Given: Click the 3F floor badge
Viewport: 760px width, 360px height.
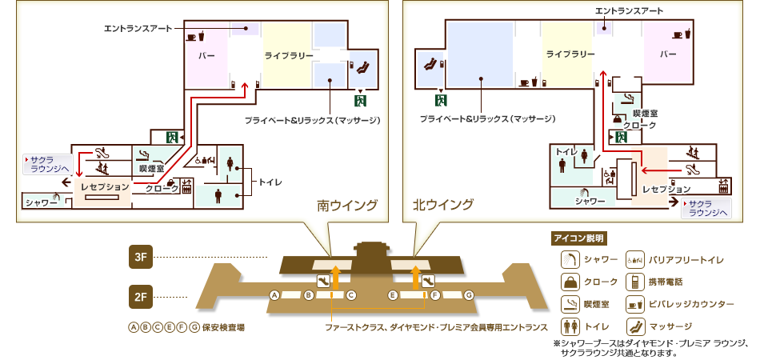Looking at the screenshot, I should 140,257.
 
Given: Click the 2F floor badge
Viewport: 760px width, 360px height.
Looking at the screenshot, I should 140,298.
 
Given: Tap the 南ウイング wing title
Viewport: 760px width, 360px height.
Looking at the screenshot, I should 347,206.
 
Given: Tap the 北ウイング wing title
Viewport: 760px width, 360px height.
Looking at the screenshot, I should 442,206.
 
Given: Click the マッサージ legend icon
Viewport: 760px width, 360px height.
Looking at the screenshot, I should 636,326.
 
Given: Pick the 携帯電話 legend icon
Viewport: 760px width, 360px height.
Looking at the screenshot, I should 636,282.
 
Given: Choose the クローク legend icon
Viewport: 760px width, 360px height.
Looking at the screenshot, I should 570,282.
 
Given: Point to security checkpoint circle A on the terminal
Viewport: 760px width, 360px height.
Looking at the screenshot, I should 274,295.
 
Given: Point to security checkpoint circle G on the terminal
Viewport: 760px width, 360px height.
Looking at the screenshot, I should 469,295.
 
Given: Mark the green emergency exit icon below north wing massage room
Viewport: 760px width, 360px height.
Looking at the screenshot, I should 440,100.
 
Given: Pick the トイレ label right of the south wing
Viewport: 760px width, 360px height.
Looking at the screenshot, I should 270,182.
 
